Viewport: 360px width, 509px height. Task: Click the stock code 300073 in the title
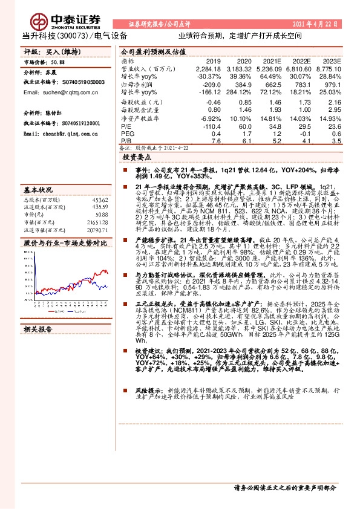click(x=77, y=36)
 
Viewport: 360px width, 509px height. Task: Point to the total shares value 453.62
click(x=100, y=199)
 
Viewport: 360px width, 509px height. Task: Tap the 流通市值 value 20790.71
click(x=96, y=230)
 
